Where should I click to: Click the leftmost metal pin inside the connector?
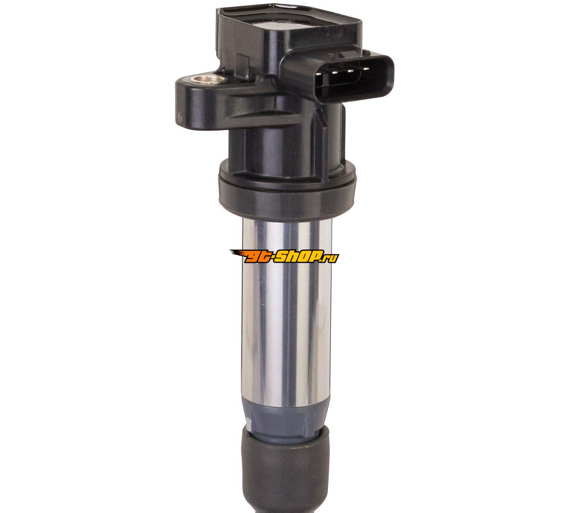tap(319, 74)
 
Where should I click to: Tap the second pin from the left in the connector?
tap(334, 72)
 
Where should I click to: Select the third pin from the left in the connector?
tap(350, 71)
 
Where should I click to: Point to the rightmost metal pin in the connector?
tap(366, 69)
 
